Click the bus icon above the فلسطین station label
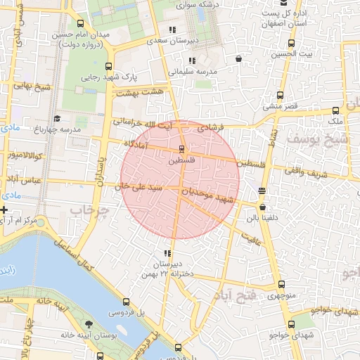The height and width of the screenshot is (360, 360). (182, 149)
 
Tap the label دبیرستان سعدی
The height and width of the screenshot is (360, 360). (172, 41)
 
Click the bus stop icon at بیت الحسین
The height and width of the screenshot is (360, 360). (281, 43)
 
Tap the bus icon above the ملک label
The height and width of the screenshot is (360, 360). (336, 110)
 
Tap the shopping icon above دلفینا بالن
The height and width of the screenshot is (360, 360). (263, 207)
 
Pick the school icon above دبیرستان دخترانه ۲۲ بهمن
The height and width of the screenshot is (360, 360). (167, 253)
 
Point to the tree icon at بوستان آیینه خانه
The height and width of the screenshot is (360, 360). (88, 324)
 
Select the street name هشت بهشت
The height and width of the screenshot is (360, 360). (139, 92)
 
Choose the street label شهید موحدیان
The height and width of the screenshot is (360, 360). (207, 195)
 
